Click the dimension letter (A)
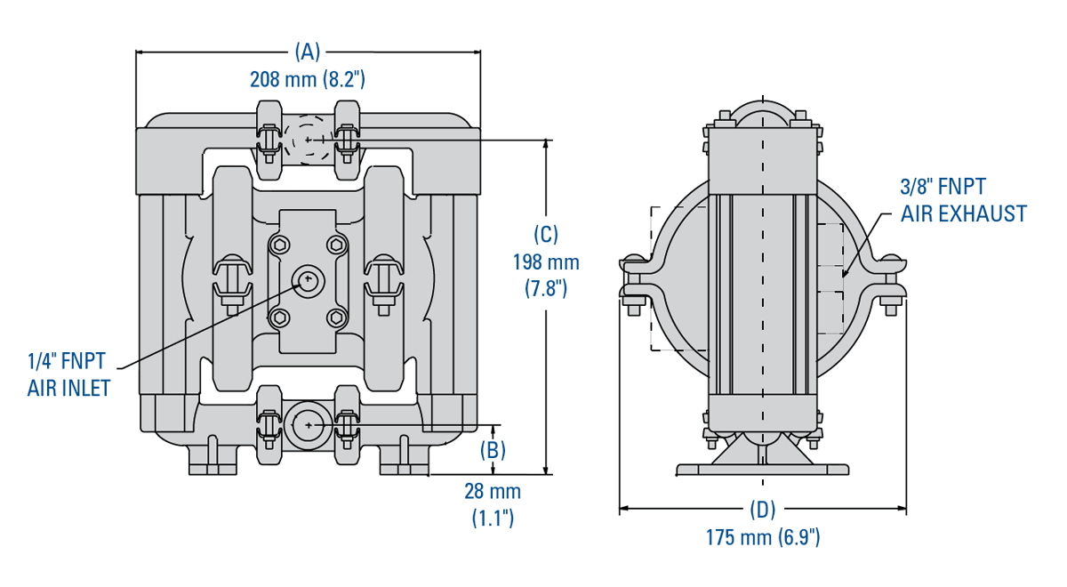coord(308,52)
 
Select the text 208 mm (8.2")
coord(308,79)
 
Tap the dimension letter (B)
coord(493,450)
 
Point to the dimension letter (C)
coord(546,234)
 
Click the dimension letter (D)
coord(763,509)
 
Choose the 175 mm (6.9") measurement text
coord(763,537)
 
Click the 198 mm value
coord(546,262)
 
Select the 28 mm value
coord(493,491)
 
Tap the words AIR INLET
coord(69,389)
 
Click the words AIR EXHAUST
coord(963,213)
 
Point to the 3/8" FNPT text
coord(943,186)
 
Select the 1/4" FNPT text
coord(66,361)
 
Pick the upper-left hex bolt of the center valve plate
coord(279,245)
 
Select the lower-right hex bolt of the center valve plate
coord(337,318)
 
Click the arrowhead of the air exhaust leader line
coord(844,274)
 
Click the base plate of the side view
coord(762,470)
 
